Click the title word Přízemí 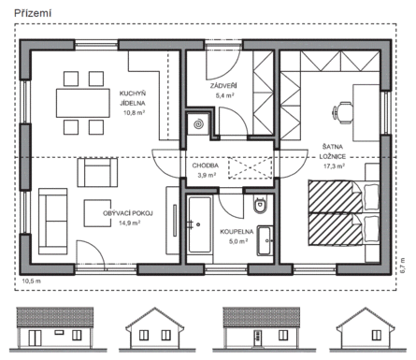pos(33,13)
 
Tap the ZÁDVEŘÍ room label pos(223,86)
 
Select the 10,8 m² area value pos(135,113)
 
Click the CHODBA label pos(205,166)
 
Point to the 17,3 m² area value pos(334,166)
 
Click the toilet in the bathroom pos(260,204)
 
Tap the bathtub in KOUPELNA pos(199,224)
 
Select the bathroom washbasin pos(265,240)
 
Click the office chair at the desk pos(343,112)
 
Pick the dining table pos(83,103)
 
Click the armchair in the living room pos(97,172)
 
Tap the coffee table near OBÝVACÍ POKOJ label pos(97,213)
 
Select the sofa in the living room pos(52,221)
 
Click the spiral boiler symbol pos(198,124)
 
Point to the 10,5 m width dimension pos(31,281)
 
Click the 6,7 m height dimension pos(403,266)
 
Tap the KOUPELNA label pos(237,232)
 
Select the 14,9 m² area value pos(129,223)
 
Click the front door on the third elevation pos(258,338)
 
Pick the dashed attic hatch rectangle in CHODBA pos(250,168)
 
